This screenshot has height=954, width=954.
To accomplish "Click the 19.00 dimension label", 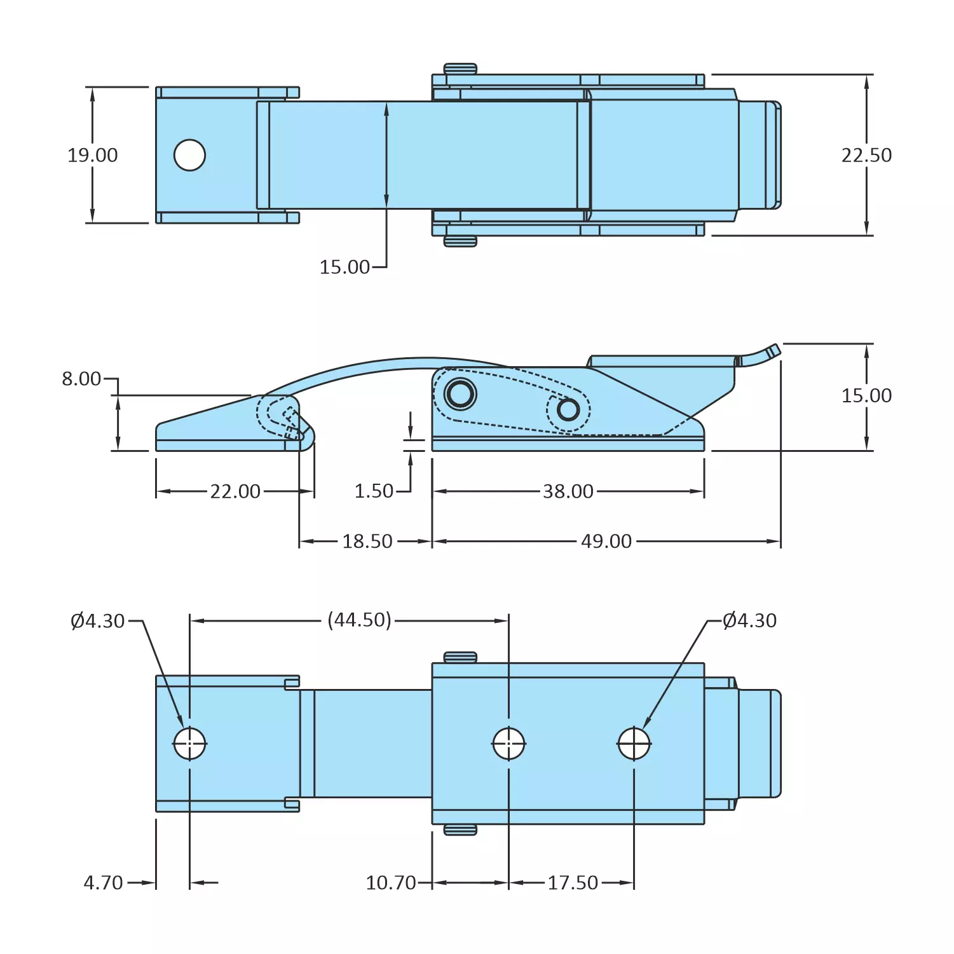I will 93,155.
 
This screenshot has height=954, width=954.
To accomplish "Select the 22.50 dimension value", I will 866,155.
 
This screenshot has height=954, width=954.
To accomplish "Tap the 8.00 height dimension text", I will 81,379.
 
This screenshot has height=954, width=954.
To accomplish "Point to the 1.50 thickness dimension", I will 374,491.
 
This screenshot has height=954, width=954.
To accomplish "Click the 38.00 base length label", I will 568,491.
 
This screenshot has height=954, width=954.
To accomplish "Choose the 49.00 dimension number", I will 606,542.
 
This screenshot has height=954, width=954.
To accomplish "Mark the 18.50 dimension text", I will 367,542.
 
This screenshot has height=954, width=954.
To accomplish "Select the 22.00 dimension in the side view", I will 235,491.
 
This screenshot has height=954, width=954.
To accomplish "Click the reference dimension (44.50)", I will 359,620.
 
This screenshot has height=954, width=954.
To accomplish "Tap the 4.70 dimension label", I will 103,883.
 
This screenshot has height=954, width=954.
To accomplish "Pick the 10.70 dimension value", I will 390,883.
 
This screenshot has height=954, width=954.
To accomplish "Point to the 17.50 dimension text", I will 573,883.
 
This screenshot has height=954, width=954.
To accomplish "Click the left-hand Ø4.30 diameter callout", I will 98,621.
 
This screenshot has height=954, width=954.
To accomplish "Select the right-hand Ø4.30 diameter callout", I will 750,621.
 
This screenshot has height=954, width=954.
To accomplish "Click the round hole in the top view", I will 189,155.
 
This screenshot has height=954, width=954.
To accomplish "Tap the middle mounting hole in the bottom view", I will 508,744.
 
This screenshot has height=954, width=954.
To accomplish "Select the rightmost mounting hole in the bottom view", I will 634,744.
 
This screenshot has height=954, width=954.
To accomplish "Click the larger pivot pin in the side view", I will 460,394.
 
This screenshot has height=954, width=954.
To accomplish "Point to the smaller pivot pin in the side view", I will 568,410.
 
